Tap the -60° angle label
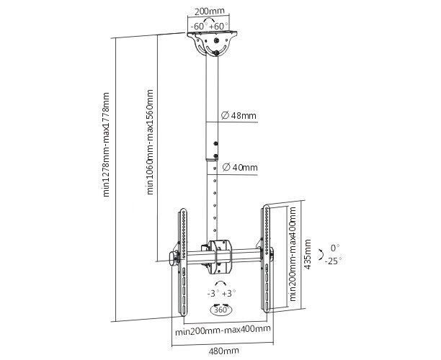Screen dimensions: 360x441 pos(198,26)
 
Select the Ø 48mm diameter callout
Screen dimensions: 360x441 pos(241,115)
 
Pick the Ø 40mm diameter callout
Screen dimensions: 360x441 pos(241,167)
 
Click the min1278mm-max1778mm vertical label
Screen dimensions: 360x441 pos(107,144)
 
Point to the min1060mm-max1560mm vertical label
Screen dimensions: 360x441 pos(151,142)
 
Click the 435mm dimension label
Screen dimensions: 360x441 pos(308,253)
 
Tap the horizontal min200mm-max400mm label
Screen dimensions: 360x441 pos(221,329)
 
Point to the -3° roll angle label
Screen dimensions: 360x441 pos(213,294)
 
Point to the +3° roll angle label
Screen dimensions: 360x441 pos(230,294)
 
